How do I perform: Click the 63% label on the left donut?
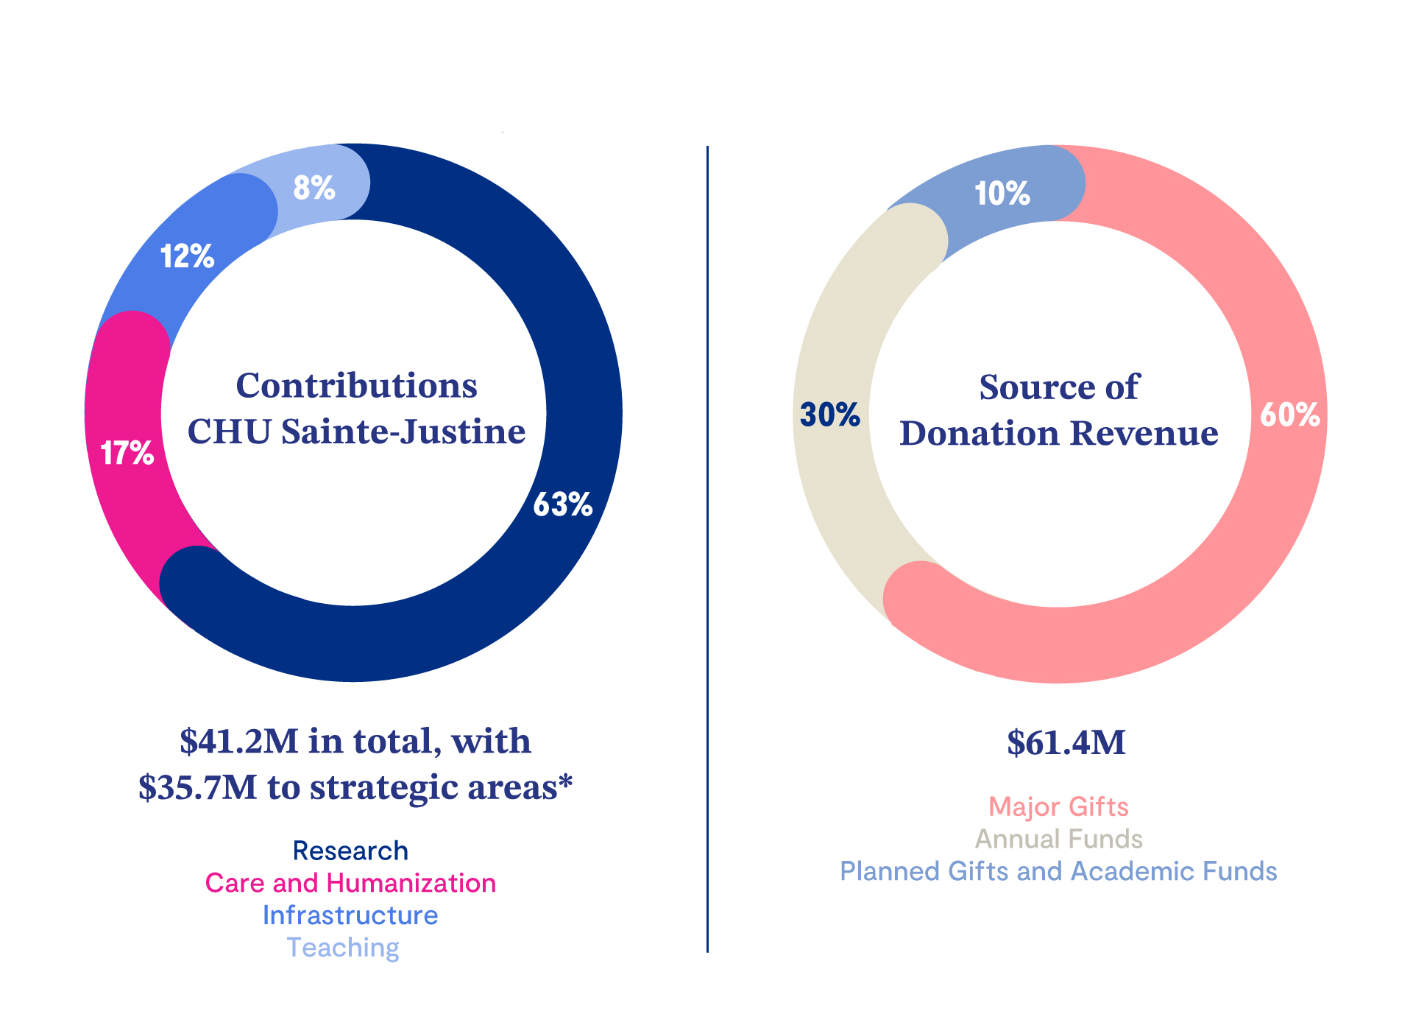(x=563, y=504)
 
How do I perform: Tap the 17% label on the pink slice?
(x=127, y=453)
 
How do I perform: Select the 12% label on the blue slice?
(x=188, y=256)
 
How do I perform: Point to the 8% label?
(x=314, y=187)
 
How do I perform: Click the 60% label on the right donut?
(x=1290, y=415)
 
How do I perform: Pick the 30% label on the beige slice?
(x=830, y=415)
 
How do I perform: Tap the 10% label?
(x=1002, y=194)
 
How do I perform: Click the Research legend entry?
(x=350, y=851)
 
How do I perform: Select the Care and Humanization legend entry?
(x=350, y=883)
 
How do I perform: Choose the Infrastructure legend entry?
(x=350, y=915)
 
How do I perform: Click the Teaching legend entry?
(x=343, y=948)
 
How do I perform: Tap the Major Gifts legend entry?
(x=1058, y=807)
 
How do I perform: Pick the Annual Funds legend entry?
(x=1058, y=839)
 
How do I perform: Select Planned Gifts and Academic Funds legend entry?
(x=1058, y=871)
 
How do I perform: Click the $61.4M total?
(x=1066, y=742)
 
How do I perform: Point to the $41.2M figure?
(x=238, y=741)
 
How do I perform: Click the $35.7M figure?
(x=198, y=787)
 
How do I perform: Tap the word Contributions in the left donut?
(x=356, y=385)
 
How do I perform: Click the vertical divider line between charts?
(x=707, y=549)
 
